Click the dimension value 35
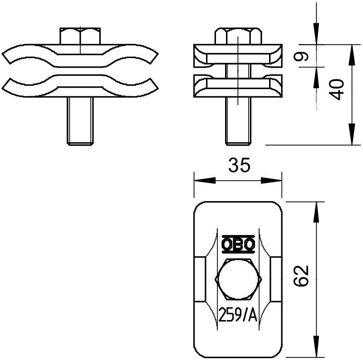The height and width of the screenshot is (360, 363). [x=239, y=165]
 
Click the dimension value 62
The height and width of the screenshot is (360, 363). [x=301, y=276]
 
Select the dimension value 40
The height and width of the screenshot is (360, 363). [x=337, y=89]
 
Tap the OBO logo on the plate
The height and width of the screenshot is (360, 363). [x=238, y=244]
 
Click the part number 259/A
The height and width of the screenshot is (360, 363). [x=238, y=315]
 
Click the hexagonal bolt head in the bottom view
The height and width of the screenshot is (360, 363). [x=238, y=279]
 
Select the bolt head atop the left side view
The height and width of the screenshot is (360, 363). [x=80, y=36]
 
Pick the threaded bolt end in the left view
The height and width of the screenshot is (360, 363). [x=80, y=121]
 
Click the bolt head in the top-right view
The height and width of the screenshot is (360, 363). [x=238, y=36]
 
